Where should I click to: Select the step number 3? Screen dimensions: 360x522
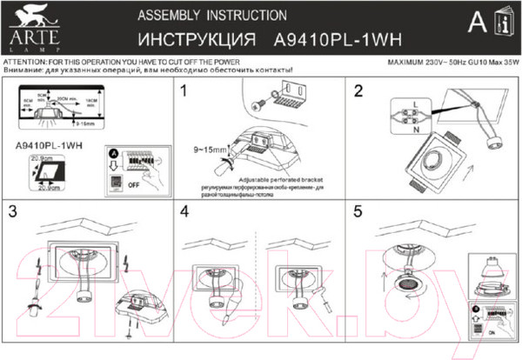(13, 211)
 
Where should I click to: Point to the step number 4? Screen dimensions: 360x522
(184, 211)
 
